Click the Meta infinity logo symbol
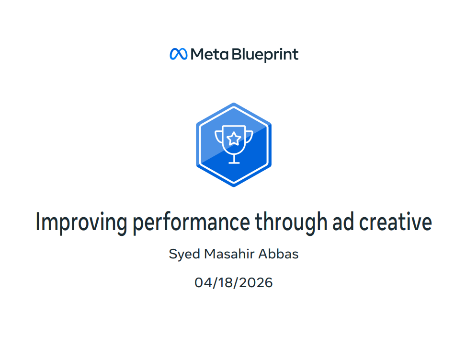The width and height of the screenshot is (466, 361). click(178, 54)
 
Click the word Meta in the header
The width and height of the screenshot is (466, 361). click(209, 54)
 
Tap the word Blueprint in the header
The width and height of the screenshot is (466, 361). click(265, 55)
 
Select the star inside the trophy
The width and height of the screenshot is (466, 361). click(234, 139)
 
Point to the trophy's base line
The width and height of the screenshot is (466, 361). click(234, 163)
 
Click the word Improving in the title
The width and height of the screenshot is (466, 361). click(81, 222)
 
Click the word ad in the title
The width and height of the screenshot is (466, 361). click(343, 221)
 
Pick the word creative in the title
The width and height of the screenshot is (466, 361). click(396, 221)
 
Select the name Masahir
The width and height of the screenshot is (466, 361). click(229, 254)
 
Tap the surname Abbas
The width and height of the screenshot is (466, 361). click(278, 254)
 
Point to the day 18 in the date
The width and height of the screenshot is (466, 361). click(226, 282)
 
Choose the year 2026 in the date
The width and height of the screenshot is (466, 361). click(256, 282)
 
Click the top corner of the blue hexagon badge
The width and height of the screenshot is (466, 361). click(234, 103)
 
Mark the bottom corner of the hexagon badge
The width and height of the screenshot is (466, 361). click(234, 186)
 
